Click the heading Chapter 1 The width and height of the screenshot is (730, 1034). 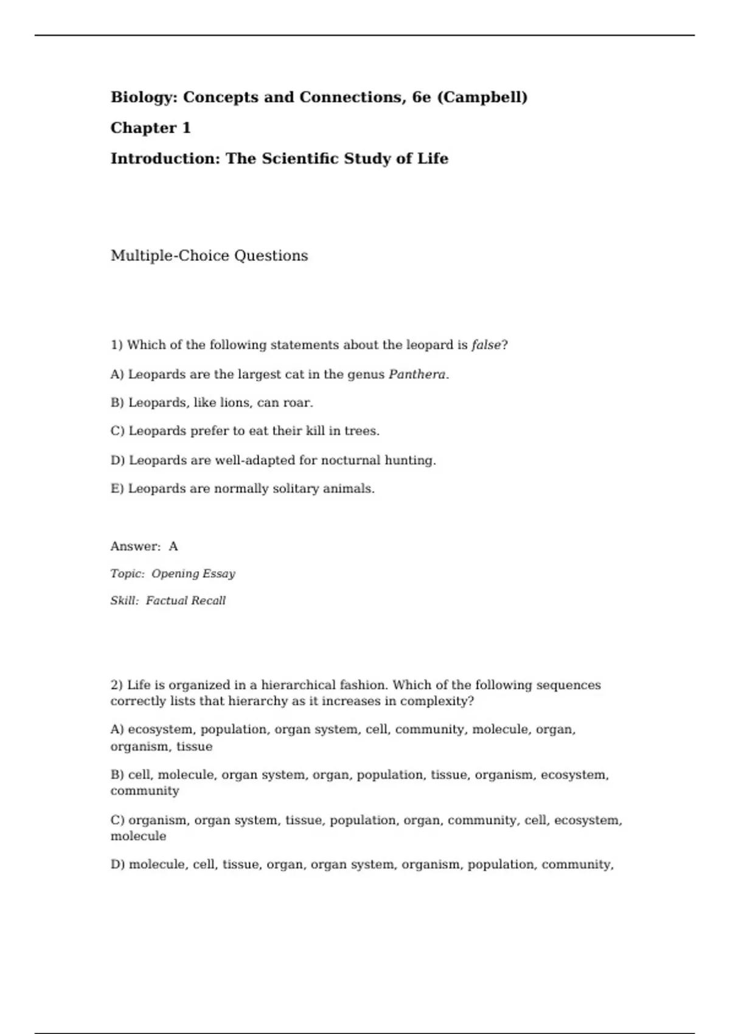coord(150,128)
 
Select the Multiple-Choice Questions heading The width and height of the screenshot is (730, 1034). coord(209,255)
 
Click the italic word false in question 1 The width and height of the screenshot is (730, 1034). coord(486,345)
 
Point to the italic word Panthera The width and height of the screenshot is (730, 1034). coord(417,374)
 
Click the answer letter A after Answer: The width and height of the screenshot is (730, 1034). coord(173,546)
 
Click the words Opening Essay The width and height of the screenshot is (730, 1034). coord(193,574)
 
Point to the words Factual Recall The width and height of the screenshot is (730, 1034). coord(186,600)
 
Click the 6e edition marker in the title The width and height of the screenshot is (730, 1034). coord(421,97)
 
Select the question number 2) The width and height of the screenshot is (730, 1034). coord(117,685)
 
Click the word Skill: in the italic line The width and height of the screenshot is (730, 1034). coord(125,600)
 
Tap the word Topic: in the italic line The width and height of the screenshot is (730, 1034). coord(127,574)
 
